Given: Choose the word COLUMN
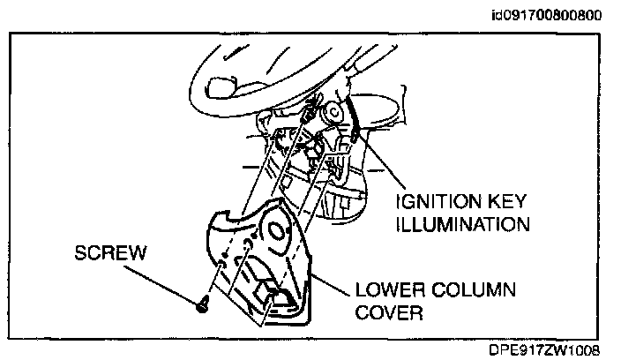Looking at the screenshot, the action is pos(473,290).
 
